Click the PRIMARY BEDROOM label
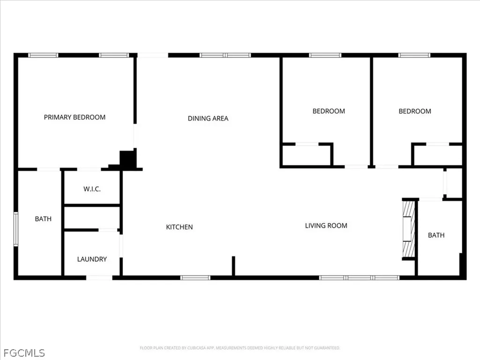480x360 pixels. [75, 117]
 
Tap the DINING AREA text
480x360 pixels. [208, 119]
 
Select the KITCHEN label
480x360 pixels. [179, 227]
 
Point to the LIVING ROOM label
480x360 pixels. [326, 226]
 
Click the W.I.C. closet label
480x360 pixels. [92, 189]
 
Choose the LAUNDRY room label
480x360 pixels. [92, 259]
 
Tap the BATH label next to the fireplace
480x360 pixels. [436, 235]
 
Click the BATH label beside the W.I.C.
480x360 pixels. [43, 219]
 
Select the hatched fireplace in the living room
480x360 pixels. [409, 229]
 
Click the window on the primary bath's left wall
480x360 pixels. [15, 229]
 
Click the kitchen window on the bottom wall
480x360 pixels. [195, 278]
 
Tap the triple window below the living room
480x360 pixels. [359, 278]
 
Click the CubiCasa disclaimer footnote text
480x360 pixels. [240, 348]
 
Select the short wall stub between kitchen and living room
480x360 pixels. [233, 266]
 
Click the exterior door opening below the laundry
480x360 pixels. [99, 278]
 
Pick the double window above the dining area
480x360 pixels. [225, 55]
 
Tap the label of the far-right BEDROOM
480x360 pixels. [415, 111]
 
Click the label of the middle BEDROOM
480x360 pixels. [329, 111]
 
